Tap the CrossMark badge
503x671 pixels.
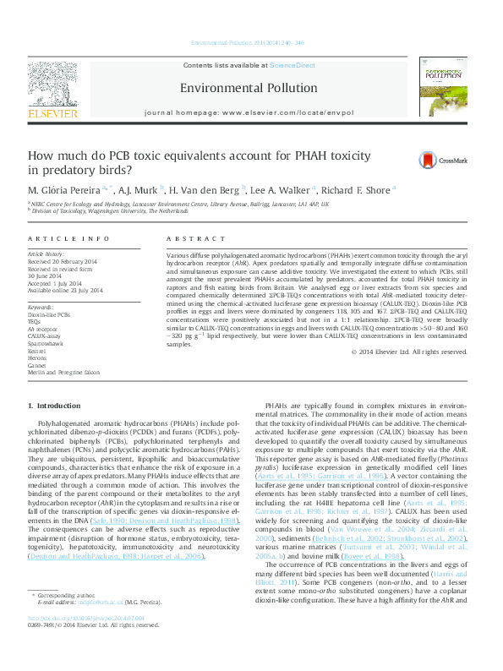[x=440, y=161]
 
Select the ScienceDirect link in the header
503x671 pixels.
[x=293, y=65]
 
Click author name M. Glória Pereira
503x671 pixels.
[x=66, y=189]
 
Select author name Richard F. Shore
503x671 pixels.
[x=356, y=189]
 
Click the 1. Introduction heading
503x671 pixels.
[x=55, y=407]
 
